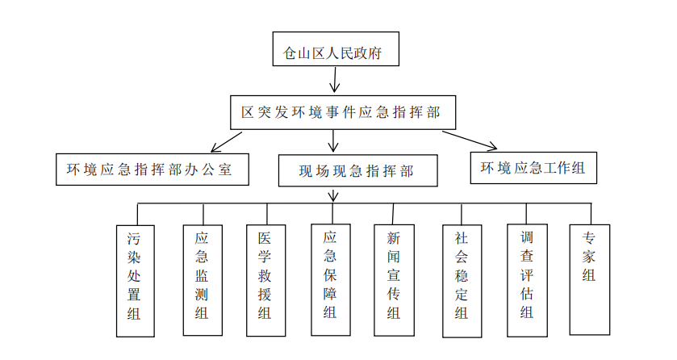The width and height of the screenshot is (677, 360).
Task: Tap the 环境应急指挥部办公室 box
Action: coord(149,170)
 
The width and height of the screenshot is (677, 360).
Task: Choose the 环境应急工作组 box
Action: coord(533,168)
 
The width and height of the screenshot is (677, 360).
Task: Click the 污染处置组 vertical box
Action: coord(135,279)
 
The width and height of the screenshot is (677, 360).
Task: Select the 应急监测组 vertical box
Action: coord(202,279)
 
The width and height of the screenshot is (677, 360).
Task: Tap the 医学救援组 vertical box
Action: coord(265,279)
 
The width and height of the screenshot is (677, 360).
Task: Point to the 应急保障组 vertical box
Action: coord(330,278)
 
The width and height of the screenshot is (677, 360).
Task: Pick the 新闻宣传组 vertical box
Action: coord(394,279)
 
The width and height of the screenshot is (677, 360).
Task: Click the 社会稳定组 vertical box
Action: coord(461,279)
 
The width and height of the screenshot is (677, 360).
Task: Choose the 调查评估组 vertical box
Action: coord(527,279)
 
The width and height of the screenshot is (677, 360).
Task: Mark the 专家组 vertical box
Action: coord(589,278)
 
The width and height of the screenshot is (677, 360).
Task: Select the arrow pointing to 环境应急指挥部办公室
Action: coord(226,142)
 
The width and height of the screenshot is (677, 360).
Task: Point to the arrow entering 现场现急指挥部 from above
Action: coord(333,142)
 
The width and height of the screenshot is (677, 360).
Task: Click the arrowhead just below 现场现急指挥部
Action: coord(333,196)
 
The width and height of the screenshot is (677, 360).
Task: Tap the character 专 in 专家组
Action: coord(589,238)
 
